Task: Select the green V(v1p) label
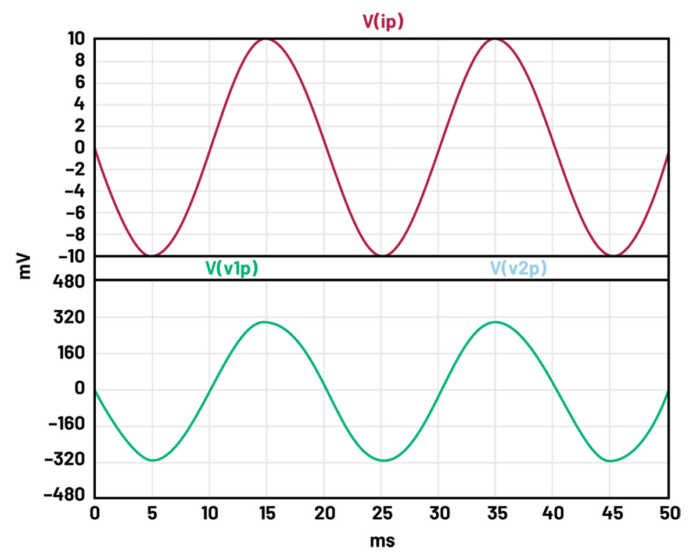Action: coord(231,268)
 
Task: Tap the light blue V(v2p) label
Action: coord(518,268)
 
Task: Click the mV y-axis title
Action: coord(24,267)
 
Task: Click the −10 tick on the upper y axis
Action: coord(72,256)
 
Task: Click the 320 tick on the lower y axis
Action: coord(72,318)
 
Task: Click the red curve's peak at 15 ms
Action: coord(266,40)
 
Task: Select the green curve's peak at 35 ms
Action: coord(494,322)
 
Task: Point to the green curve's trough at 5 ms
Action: coord(152,461)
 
